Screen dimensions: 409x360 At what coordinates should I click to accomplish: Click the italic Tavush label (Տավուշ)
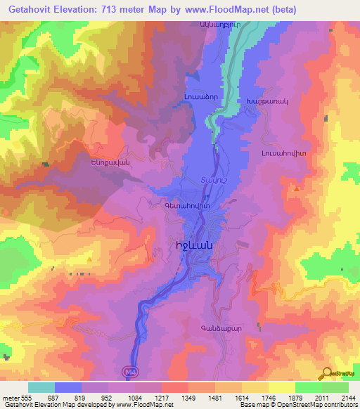[212, 178]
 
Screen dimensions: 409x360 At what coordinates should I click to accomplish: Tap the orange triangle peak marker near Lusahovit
[297, 188]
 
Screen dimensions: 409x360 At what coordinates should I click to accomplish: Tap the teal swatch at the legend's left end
[41, 387]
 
